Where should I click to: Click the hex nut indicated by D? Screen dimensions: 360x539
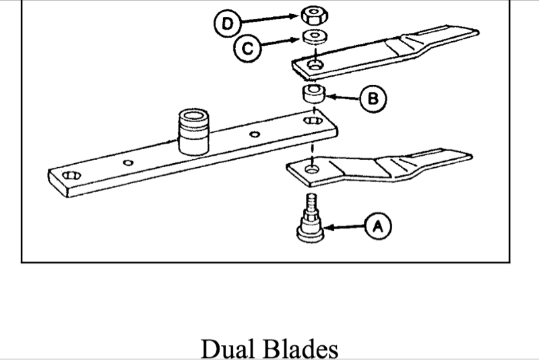tap(312, 14)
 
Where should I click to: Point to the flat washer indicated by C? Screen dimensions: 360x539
tap(313, 36)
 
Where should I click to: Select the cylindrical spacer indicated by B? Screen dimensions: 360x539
tap(313, 94)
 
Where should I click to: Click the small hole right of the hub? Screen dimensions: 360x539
tap(254, 135)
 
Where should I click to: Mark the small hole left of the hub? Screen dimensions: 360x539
tap(129, 163)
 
